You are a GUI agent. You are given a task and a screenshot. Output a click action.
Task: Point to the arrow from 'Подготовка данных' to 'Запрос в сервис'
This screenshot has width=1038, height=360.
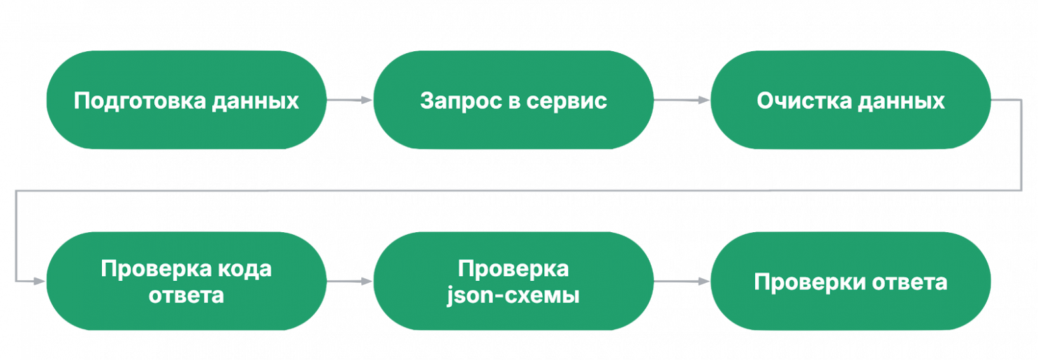349,101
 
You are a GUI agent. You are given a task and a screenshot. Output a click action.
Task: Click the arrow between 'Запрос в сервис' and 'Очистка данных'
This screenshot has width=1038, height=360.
681,101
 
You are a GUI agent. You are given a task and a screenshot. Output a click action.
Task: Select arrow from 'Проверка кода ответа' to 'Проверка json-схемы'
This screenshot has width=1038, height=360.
349,282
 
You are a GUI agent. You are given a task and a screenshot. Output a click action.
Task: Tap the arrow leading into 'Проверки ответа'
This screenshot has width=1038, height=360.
681,282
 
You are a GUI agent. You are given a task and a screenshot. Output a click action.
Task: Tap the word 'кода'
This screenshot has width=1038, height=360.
245,270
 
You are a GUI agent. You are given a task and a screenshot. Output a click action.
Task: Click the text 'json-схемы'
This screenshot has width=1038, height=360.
513,295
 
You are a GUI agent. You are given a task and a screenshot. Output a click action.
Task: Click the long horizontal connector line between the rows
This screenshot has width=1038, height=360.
519,192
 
